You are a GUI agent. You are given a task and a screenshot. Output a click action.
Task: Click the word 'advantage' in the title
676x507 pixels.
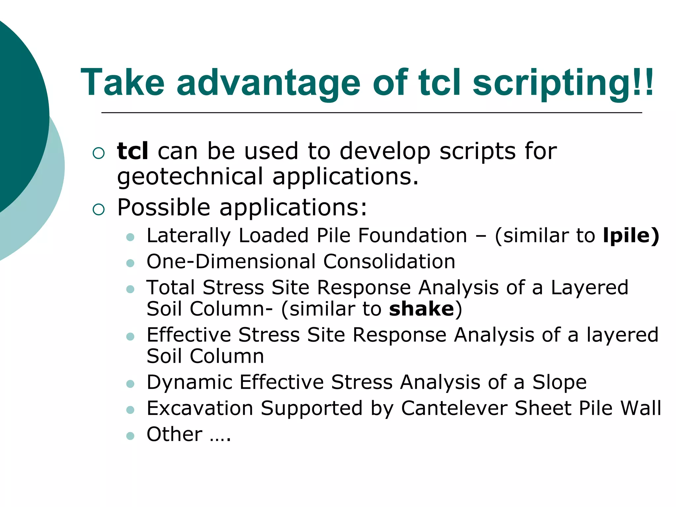[x=268, y=83]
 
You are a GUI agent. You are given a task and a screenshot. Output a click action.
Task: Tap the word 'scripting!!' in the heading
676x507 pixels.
[x=563, y=83]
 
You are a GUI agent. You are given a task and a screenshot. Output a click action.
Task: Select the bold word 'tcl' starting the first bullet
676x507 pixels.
[x=133, y=151]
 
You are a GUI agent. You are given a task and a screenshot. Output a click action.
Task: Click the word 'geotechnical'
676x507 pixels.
[x=190, y=177]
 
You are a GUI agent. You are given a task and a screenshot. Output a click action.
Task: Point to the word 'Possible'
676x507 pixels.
[x=164, y=207]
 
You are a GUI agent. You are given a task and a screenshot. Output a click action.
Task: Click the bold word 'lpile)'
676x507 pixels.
[x=631, y=236]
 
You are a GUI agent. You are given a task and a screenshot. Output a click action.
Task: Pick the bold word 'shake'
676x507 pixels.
[x=422, y=309]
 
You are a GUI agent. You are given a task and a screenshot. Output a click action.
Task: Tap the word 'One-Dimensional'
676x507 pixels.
[x=231, y=262]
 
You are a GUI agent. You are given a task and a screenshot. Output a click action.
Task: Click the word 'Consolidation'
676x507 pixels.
[x=389, y=262]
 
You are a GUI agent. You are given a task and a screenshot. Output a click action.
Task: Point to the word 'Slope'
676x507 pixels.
[x=559, y=382]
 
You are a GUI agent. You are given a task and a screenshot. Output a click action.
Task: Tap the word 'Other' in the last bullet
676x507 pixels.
[x=175, y=434]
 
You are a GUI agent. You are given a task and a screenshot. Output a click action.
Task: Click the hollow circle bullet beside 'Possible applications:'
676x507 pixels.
[x=99, y=209]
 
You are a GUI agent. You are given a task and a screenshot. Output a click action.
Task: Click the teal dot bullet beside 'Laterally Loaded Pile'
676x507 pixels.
[x=130, y=237]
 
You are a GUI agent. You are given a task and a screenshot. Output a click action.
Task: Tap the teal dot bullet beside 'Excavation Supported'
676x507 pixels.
[x=130, y=410]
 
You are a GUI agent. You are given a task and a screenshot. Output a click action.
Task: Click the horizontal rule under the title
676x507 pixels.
[x=371, y=113]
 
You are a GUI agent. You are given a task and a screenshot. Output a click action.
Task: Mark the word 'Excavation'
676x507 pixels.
[x=200, y=408]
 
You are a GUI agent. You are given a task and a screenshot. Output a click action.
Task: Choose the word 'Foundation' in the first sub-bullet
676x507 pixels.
[x=413, y=236]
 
